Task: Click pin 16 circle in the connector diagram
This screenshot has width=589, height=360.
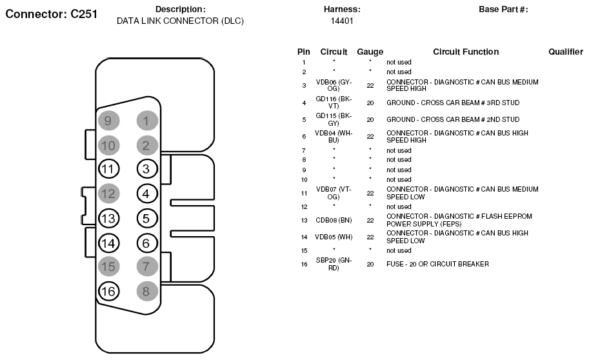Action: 108,291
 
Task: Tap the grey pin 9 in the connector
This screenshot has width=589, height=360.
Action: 108,120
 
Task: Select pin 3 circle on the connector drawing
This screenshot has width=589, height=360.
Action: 146,169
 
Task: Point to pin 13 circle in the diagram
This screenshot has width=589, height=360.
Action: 108,218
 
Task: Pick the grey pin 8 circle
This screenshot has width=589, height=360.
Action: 146,291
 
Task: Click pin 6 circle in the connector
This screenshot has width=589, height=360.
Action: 146,243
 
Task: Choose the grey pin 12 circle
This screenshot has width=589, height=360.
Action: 108,193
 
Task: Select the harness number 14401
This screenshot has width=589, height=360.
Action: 341,21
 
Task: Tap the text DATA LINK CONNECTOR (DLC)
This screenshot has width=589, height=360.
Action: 180,21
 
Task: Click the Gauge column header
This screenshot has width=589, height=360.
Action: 370,52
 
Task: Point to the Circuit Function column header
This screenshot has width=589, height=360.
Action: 465,52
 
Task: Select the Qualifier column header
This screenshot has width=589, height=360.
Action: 565,52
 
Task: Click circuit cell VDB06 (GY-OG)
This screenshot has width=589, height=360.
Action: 334,85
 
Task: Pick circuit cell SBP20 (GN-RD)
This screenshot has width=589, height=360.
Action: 334,264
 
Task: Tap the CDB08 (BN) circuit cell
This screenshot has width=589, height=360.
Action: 334,220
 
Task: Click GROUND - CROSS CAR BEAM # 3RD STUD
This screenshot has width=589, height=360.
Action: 452,103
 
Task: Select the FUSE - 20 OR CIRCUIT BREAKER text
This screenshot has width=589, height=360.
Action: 437,264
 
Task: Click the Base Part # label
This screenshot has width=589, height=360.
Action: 503,9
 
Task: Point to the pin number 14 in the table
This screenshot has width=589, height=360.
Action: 303,237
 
